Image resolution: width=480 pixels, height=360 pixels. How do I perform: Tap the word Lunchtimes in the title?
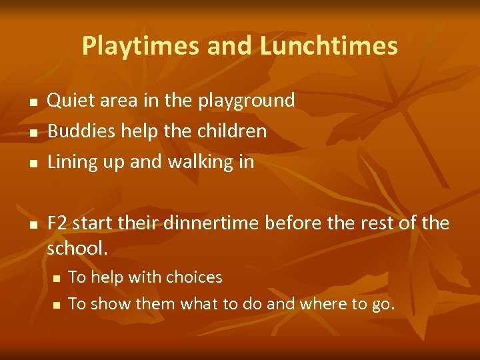click(x=329, y=46)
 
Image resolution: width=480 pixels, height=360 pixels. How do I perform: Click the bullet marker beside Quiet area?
click(x=31, y=102)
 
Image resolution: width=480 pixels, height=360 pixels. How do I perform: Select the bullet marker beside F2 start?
click(x=31, y=225)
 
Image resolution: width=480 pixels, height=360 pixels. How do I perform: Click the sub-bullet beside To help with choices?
click(x=56, y=278)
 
